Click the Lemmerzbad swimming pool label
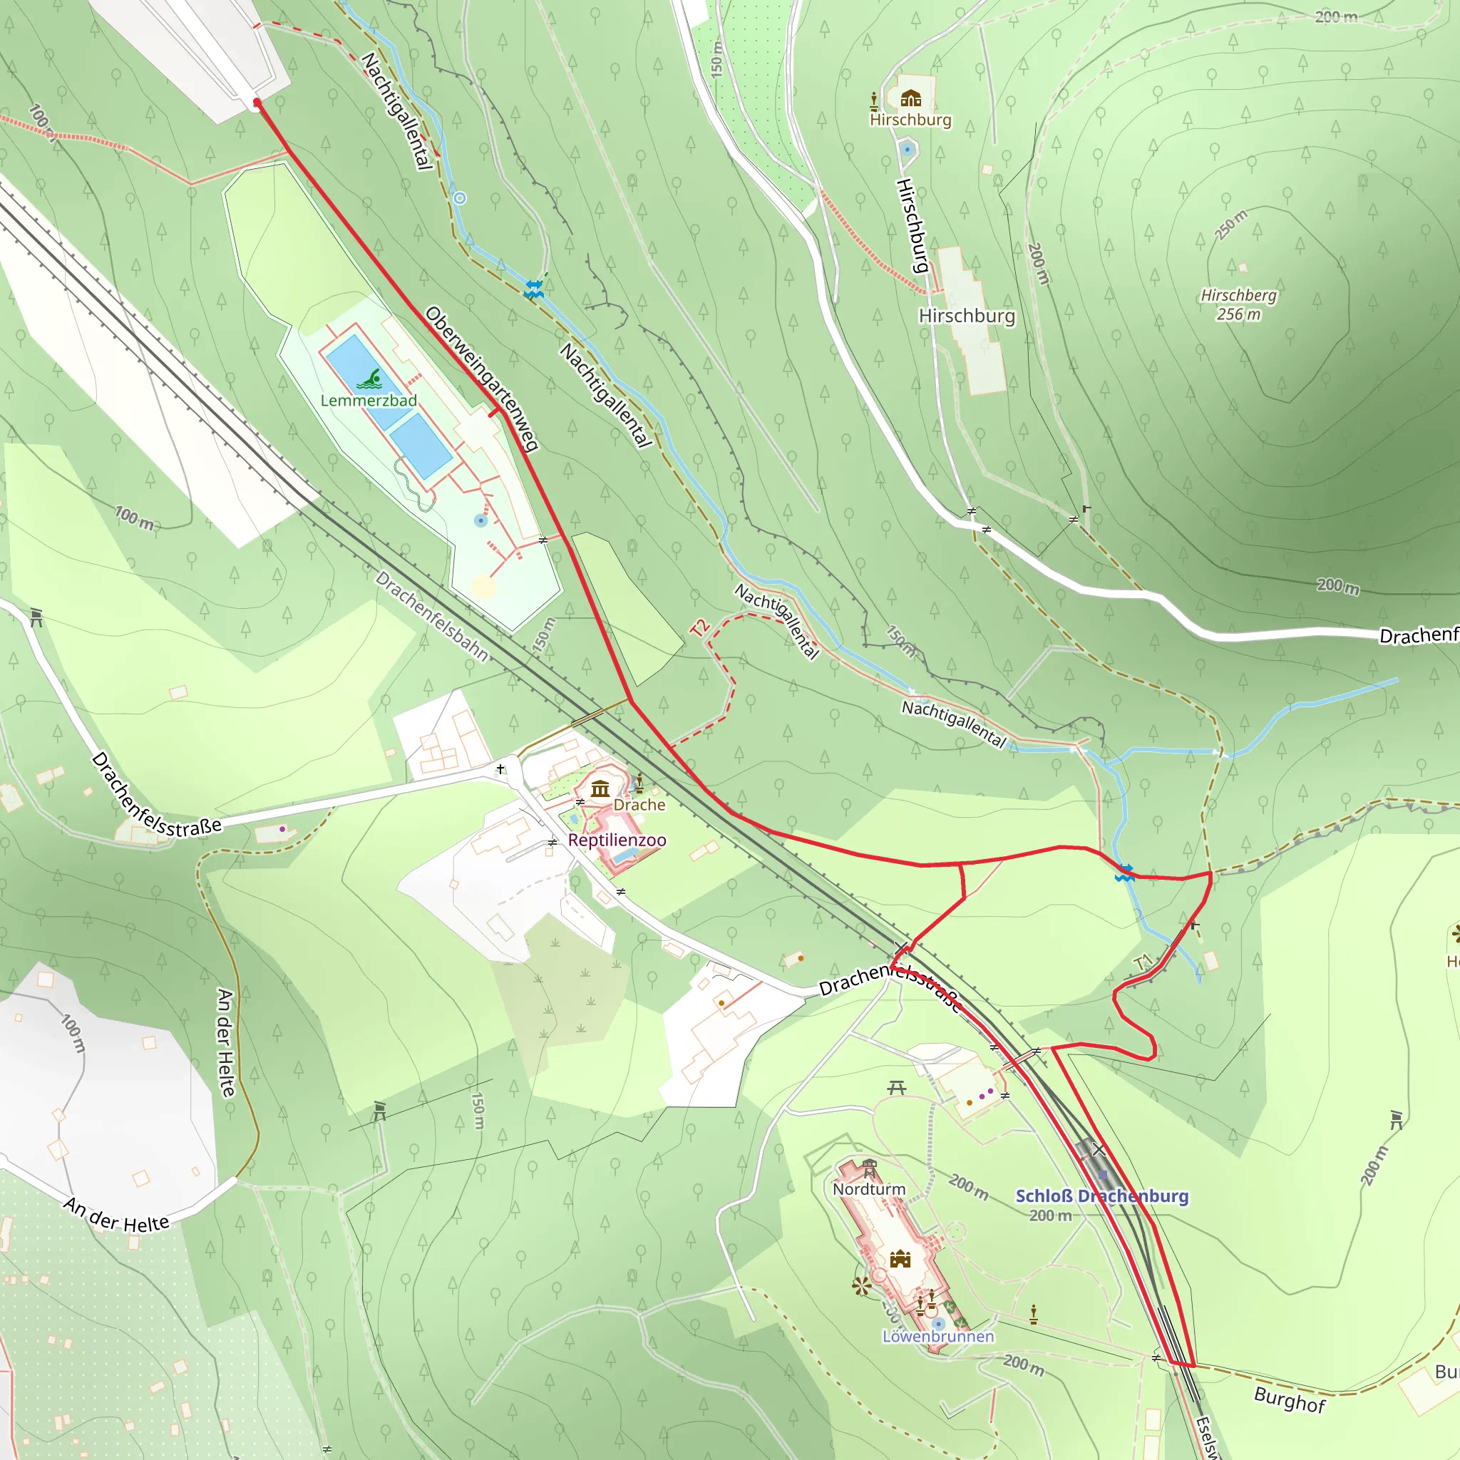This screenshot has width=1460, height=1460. pos(368,401)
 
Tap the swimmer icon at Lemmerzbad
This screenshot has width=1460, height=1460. pos(369,379)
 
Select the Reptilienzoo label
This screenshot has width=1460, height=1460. pos(617,840)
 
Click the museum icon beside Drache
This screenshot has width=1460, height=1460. pos(601,789)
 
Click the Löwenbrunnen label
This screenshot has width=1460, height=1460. pos(938,1336)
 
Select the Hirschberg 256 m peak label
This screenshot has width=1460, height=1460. pos(1238,304)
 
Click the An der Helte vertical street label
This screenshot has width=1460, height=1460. pos(225,1042)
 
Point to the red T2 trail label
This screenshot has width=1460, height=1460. pos(701,627)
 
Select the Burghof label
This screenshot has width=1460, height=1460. pos(1289,1399)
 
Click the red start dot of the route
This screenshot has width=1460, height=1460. pos(257,103)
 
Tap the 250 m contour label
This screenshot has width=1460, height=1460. pos(1231,225)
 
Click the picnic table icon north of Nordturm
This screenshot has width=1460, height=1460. pos(897,1088)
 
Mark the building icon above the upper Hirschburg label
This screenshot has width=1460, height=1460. pos(910,98)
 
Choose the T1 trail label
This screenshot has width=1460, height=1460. pos(1143,962)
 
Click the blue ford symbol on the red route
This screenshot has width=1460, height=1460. pos(1124,873)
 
